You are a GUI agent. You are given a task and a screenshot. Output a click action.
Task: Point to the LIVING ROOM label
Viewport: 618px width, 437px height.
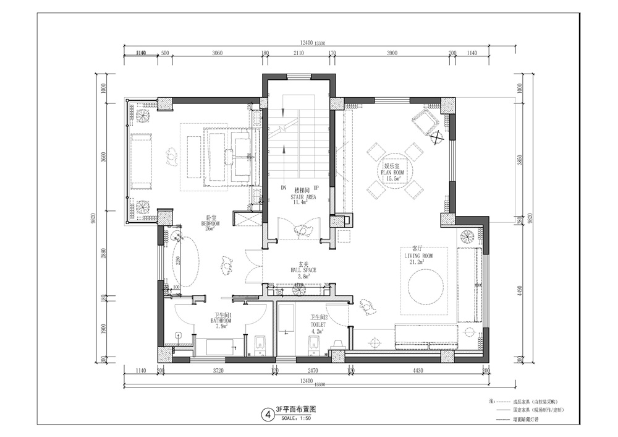coord(418,255)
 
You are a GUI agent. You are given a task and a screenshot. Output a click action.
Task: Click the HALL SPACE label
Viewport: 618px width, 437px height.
coord(302,270)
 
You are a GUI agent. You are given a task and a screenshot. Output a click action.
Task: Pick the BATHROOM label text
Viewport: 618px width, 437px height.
coord(221,321)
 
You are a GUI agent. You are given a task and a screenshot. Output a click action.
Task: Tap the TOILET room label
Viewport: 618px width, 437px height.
coord(318,323)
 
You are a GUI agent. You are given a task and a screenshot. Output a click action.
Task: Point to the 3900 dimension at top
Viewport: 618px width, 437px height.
coord(391,54)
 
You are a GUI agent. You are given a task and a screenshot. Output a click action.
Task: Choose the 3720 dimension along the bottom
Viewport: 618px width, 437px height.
coord(217,370)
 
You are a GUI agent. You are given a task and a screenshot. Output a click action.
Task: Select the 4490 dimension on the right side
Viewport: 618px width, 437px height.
coord(519,290)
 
